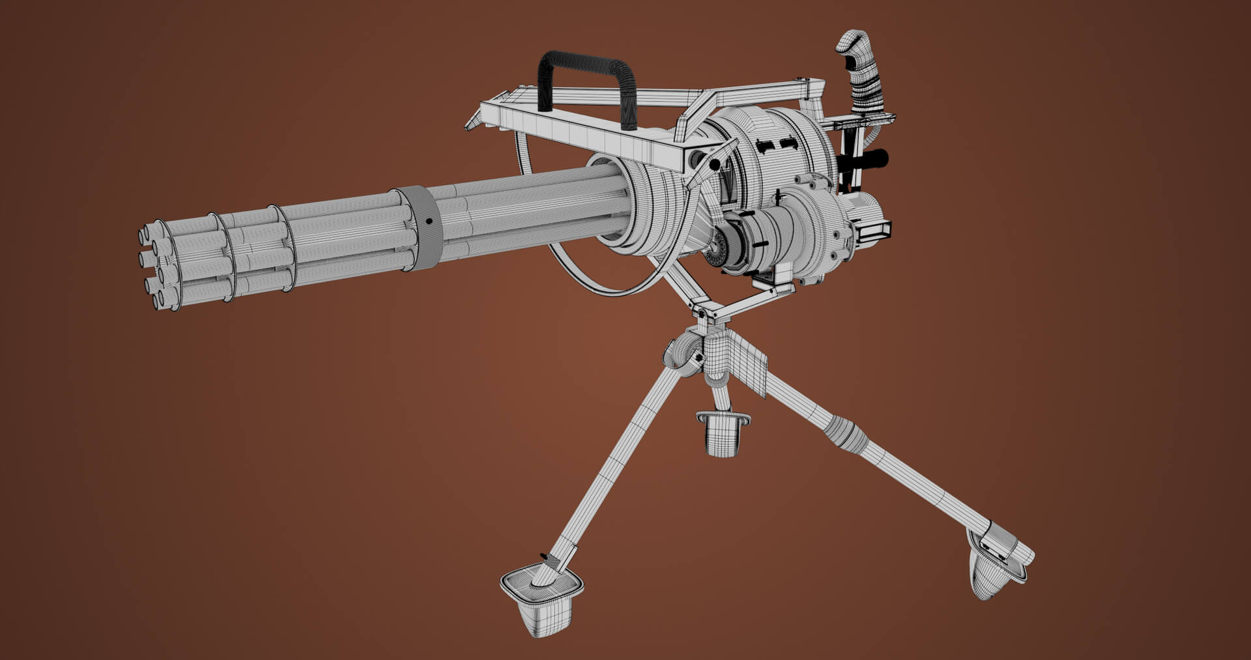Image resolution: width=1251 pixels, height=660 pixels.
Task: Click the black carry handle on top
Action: point(584,63)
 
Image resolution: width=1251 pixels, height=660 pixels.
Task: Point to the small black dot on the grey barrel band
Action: point(429,222)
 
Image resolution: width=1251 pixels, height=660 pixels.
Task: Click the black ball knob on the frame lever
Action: point(715,164)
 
